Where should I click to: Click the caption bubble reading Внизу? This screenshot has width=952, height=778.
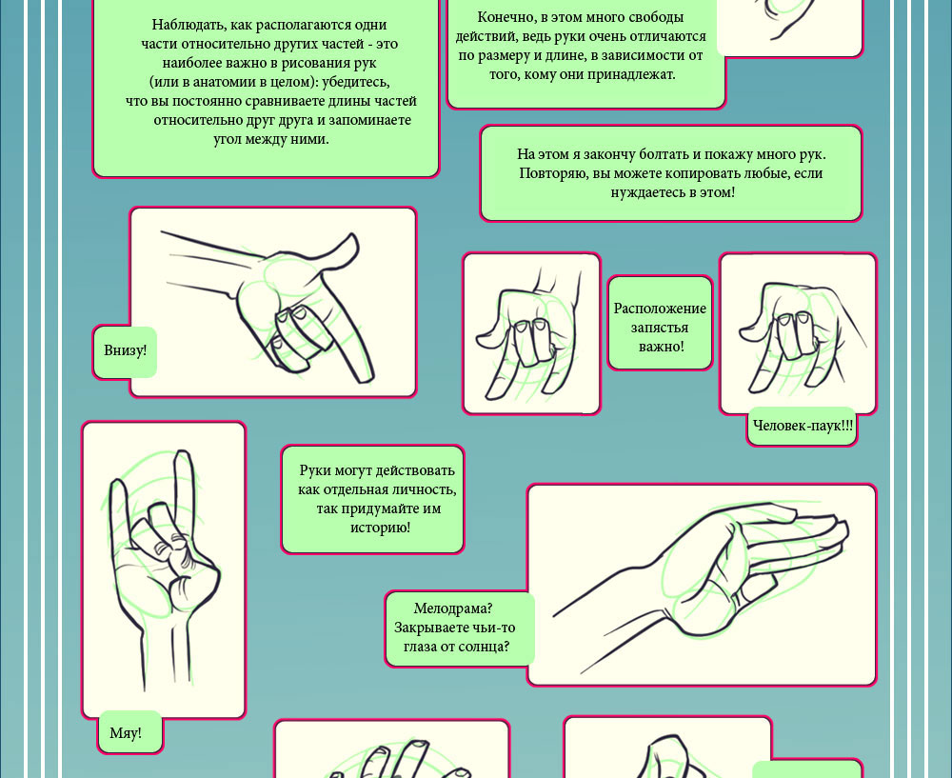coord(125,351)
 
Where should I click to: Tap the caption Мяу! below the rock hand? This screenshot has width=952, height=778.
coord(126,733)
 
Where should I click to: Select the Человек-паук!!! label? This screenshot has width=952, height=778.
coord(803,425)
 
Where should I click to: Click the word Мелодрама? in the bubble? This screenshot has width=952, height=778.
coord(453,608)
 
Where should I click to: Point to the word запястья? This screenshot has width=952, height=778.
coord(660,328)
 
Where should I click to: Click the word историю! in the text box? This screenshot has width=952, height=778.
coord(381,528)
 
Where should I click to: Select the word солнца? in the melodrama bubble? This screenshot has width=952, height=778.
coord(484,647)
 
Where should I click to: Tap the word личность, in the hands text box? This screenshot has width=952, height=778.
coord(424,489)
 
